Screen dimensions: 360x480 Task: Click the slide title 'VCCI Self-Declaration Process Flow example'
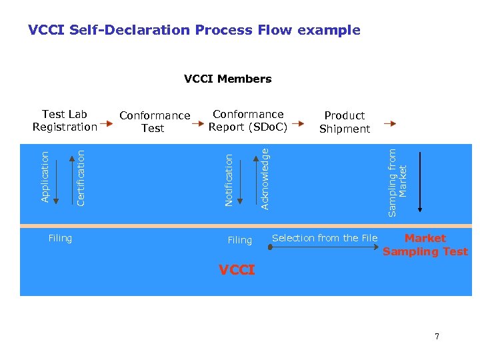[194, 30]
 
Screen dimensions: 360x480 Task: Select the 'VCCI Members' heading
[227, 79]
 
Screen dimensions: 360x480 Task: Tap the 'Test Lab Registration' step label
[65, 121]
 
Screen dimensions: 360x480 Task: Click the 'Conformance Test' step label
[154, 122]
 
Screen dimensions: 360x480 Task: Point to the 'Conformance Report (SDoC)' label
[247, 121]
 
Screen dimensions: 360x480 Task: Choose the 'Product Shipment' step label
[344, 122]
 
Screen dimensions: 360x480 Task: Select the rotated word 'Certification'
[81, 177]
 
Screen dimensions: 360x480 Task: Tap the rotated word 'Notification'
[229, 180]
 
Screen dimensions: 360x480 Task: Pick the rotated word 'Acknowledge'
[265, 179]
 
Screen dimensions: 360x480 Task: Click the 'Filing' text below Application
[60, 238]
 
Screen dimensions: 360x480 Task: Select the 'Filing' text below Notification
[239, 240]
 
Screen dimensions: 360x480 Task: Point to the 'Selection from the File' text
[325, 238]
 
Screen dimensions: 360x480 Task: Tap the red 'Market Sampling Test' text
[425, 245]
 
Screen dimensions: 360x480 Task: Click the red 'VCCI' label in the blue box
[237, 270]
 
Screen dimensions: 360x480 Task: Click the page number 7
[437, 336]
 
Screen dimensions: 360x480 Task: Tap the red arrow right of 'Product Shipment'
[392, 123]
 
